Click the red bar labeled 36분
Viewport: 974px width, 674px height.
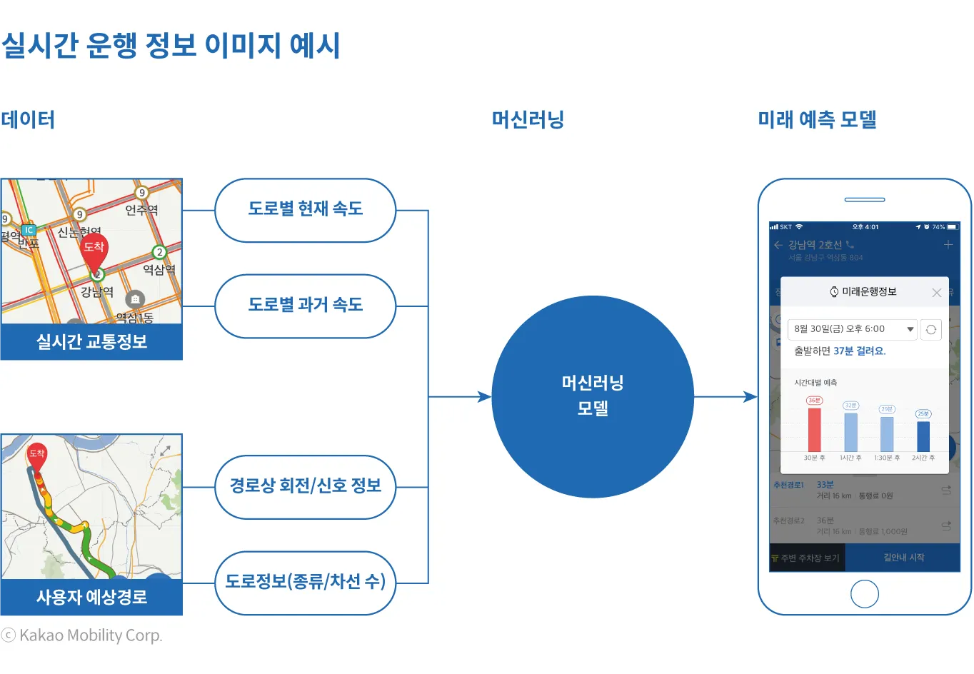coord(814,429)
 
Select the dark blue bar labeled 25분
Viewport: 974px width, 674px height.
coord(923,436)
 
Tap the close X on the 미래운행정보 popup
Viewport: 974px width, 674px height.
coord(937,293)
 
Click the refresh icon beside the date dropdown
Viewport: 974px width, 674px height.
coord(930,329)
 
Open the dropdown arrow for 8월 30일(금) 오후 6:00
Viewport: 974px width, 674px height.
coord(910,329)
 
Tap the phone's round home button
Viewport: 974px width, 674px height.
coord(865,593)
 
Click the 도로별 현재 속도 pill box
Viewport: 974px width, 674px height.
coord(305,210)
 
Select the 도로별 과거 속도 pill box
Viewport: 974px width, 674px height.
coord(305,306)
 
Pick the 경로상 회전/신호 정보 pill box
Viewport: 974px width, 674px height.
coord(305,487)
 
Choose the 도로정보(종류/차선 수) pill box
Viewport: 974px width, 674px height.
coord(305,583)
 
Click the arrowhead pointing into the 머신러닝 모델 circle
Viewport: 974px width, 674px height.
coord(485,397)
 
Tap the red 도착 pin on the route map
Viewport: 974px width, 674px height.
coord(37,456)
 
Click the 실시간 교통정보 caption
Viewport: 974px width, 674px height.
coord(91,342)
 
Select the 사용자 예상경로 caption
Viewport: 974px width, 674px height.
coord(91,597)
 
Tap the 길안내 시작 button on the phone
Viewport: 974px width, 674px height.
coord(903,558)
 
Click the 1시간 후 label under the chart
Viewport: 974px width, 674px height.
coord(850,458)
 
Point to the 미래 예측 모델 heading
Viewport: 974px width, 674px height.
coord(817,119)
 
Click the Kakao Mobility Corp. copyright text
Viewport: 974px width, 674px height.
coord(82,635)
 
